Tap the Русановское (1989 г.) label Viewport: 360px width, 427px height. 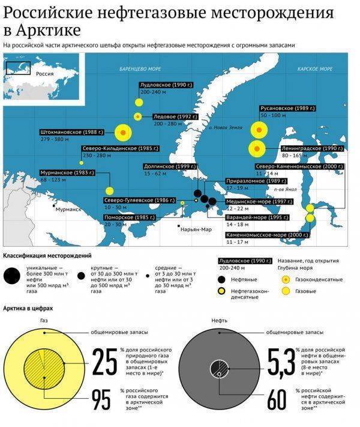pyautogui.click(x=288, y=108)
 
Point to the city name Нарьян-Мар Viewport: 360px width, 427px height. pyautogui.click(x=197, y=229)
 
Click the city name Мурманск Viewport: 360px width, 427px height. pyautogui.click(x=67, y=210)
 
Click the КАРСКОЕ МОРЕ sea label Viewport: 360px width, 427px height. pyautogui.click(x=315, y=69)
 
